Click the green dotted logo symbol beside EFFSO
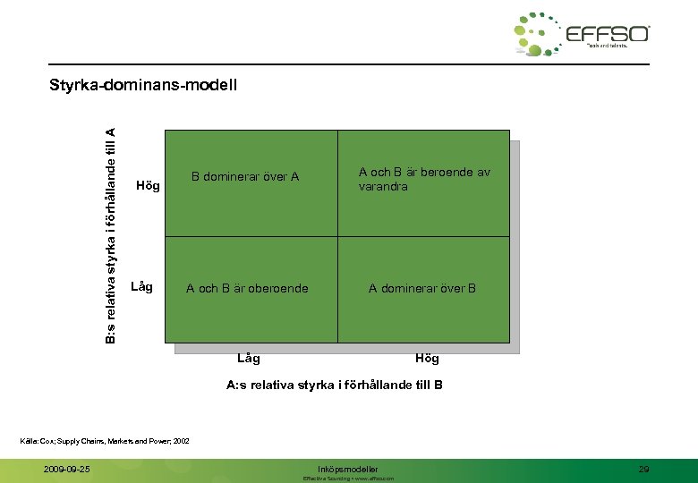click(538, 35)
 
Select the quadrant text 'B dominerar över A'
click(245, 177)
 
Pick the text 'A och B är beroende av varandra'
click(424, 180)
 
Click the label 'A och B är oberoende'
click(247, 288)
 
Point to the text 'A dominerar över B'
click(423, 288)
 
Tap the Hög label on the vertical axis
click(147, 186)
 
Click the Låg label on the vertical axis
click(142, 287)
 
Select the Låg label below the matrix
click(249, 359)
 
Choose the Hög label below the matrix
click(427, 359)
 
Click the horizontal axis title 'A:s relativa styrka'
click(335, 386)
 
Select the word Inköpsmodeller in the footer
click(348, 469)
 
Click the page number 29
click(643, 469)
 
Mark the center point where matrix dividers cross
click(337, 236)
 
